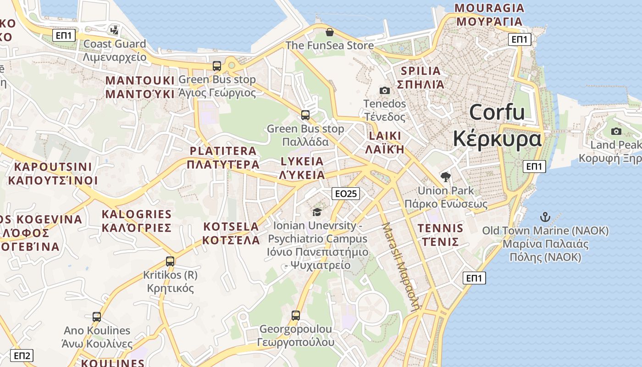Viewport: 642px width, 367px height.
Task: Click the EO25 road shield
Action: pyautogui.click(x=346, y=194)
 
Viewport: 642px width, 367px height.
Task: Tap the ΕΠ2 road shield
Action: pyautogui.click(x=22, y=356)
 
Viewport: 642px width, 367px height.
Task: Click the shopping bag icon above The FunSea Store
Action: pyautogui.click(x=329, y=32)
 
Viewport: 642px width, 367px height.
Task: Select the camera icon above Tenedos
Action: pyautogui.click(x=385, y=90)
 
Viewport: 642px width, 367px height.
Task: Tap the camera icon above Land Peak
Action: pyautogui.click(x=616, y=131)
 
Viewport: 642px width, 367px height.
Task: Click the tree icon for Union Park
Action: pyautogui.click(x=445, y=177)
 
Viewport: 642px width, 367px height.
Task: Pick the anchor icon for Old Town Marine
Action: pyautogui.click(x=545, y=217)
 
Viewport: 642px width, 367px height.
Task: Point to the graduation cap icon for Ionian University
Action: pyautogui.click(x=317, y=212)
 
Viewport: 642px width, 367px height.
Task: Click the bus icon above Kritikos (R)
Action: pyautogui.click(x=170, y=261)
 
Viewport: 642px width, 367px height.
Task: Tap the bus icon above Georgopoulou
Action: pyautogui.click(x=296, y=316)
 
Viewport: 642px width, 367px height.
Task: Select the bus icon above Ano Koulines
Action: pyautogui.click(x=97, y=317)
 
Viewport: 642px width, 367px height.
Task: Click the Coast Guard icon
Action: pyautogui.click(x=114, y=30)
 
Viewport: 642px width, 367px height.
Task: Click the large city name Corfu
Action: pyautogui.click(x=497, y=112)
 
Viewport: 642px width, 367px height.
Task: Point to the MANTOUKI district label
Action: pyautogui.click(x=140, y=81)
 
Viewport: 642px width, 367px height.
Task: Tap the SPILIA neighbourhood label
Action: pyautogui.click(x=421, y=71)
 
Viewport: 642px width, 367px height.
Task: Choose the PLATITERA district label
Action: pyautogui.click(x=223, y=151)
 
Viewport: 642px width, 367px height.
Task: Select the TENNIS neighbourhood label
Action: pyautogui.click(x=440, y=228)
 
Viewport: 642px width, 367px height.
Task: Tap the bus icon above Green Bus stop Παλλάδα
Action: pyautogui.click(x=305, y=115)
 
